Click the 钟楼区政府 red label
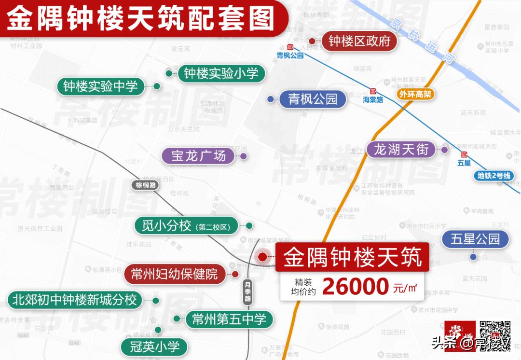coord(359,42)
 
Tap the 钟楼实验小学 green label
coord(221,73)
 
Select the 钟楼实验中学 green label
coord(100,86)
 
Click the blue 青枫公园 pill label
coord(313,99)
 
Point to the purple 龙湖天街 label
coord(401,149)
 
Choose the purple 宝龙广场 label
coord(198,156)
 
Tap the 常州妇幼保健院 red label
coord(174,274)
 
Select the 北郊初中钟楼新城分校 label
coord(75,300)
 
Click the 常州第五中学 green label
coord(229,318)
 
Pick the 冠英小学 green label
coord(154,346)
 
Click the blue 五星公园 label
coord(475,239)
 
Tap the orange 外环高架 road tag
coord(415,95)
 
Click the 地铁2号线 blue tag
coord(494,176)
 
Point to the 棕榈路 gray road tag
coord(146,184)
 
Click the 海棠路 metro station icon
coord(373,91)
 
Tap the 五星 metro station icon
coord(464,154)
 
